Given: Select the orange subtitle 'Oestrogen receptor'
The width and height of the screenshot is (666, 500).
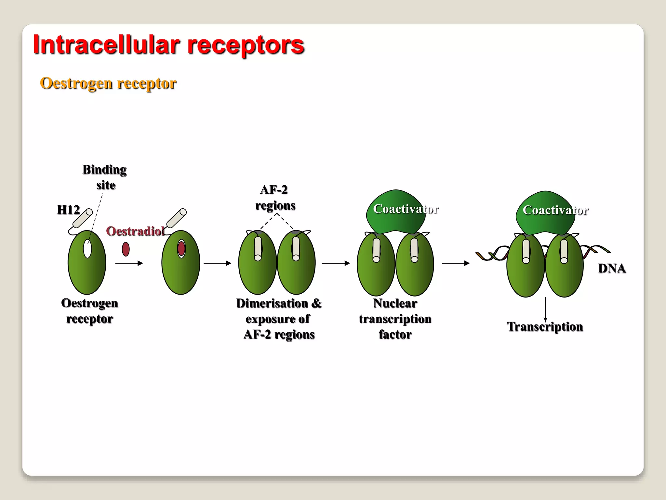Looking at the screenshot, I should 108,83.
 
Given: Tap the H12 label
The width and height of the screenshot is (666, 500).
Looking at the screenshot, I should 68,210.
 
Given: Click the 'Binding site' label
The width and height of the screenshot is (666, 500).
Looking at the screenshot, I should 105,177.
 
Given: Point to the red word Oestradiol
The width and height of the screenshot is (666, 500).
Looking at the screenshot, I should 135,231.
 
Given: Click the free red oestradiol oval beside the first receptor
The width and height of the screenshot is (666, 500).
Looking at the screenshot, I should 126,249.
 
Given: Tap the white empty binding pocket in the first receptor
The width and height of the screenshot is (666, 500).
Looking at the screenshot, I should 87,249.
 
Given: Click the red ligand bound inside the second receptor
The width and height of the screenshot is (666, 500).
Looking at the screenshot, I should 181,249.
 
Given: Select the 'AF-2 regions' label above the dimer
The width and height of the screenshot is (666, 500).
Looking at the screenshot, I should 275,198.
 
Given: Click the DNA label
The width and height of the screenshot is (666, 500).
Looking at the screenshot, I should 612,269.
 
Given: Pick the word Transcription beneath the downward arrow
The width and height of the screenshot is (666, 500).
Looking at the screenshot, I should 545,326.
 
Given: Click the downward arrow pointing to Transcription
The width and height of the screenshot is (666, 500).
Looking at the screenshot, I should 545,309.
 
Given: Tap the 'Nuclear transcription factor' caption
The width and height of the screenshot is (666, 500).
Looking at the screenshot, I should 395,319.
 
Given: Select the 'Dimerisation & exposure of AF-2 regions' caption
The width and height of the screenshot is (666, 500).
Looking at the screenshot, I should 279,319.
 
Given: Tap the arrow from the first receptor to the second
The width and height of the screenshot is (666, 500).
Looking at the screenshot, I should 129,263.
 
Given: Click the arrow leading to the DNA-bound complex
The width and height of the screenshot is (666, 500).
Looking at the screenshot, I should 456,263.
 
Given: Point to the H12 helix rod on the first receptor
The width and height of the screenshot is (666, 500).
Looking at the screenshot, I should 83,218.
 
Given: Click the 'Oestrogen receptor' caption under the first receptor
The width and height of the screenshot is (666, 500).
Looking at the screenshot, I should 89,311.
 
